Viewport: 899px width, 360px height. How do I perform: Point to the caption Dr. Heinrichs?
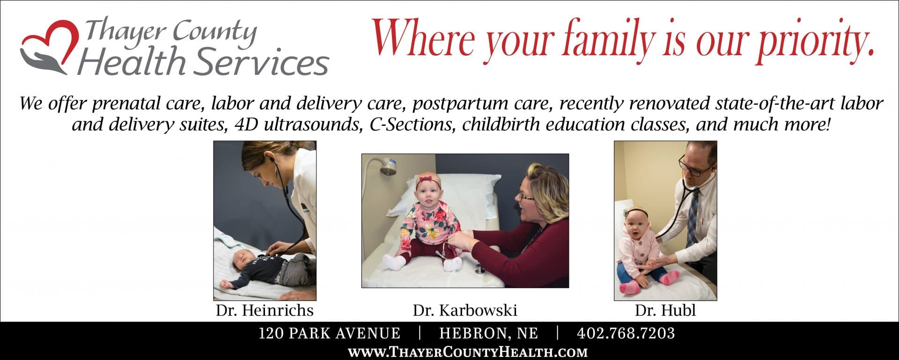(265, 310)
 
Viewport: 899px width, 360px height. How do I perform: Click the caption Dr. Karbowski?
(465, 310)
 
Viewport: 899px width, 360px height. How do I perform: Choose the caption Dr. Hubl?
(665, 310)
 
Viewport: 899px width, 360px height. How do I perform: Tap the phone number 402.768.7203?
(626, 333)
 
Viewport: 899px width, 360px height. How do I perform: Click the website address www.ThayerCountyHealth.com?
(468, 352)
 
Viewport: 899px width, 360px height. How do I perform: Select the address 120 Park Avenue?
(330, 333)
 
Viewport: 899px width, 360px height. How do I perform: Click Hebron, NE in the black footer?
(489, 333)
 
